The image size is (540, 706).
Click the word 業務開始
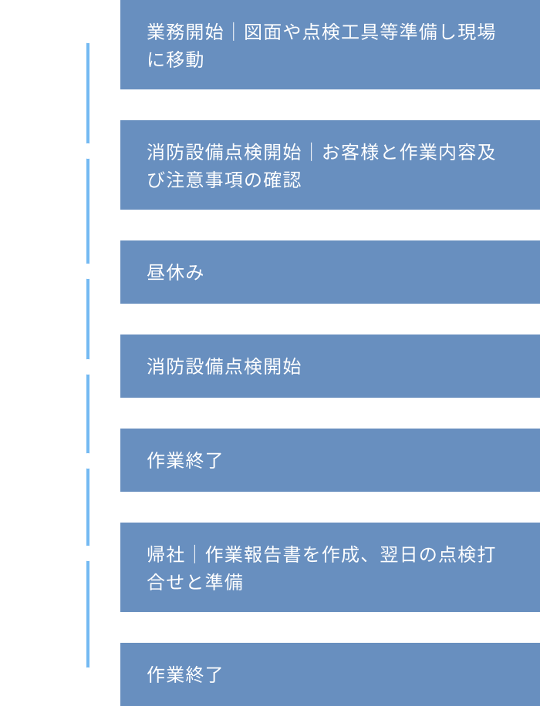(185, 32)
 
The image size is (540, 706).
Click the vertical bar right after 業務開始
(234, 32)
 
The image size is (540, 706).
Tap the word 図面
(263, 32)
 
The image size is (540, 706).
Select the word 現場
(477, 32)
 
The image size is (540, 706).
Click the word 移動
(185, 59)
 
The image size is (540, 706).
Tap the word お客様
(350, 152)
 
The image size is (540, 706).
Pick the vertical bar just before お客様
(312, 152)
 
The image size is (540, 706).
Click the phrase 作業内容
(437, 152)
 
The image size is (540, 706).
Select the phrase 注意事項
(204, 180)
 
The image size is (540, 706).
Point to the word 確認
(282, 180)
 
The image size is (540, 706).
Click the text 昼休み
(175, 272)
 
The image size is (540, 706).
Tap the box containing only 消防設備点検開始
(330, 366)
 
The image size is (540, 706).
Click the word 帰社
(166, 554)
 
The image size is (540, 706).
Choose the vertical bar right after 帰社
(194, 554)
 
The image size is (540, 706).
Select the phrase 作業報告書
(253, 554)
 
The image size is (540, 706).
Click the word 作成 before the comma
(340, 554)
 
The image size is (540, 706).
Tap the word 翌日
(399, 554)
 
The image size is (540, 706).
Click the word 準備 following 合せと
(224, 582)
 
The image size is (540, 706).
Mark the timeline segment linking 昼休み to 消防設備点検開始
(88, 319)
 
